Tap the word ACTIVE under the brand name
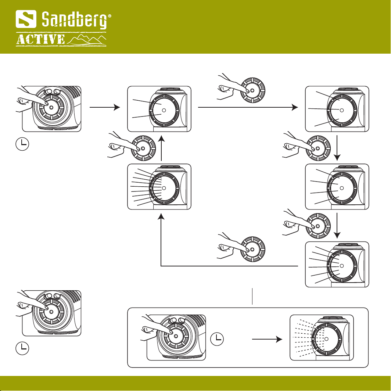coord(41,40)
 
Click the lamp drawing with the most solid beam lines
coord(159,187)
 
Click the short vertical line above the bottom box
coord(253,296)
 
